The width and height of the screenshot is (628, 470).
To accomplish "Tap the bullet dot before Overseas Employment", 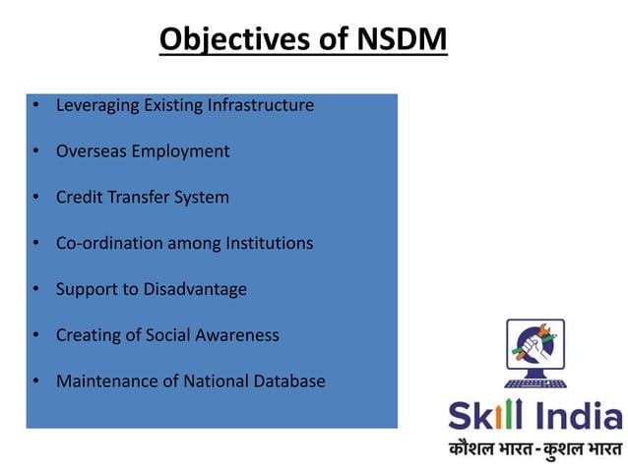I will [x=34, y=152].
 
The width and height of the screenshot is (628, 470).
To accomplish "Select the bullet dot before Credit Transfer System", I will [x=34, y=198].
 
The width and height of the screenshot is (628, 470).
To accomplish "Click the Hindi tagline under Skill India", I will [x=534, y=449].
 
